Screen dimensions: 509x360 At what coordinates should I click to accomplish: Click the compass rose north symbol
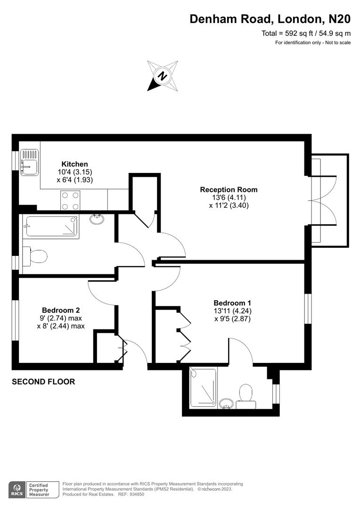(163, 75)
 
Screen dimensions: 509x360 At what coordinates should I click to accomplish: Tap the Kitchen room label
(75, 164)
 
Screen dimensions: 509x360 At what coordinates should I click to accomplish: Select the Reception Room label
(229, 189)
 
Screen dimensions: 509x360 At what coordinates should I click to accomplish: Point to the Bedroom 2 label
(61, 310)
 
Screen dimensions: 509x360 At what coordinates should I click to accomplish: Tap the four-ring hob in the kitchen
(70, 200)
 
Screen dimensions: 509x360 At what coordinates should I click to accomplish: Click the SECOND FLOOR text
(43, 382)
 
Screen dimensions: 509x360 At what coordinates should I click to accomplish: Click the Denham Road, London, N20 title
(270, 19)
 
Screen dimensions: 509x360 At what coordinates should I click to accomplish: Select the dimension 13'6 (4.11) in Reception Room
(229, 197)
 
